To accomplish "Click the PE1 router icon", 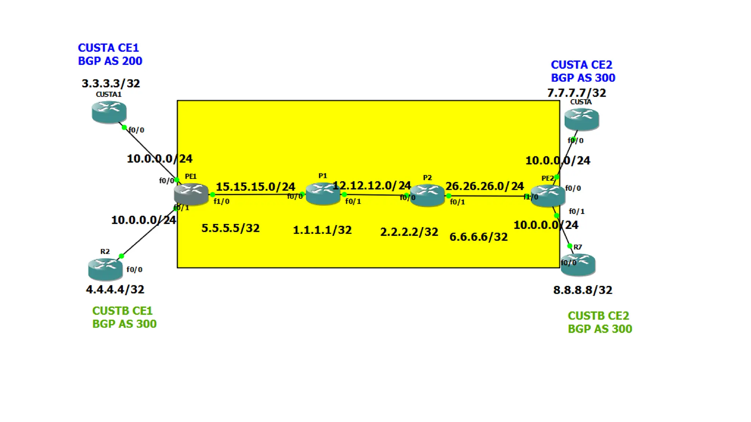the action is click(x=191, y=193).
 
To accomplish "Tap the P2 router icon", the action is click(x=427, y=195).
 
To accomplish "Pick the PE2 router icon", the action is click(x=548, y=196).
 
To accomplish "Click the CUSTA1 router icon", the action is click(x=109, y=112).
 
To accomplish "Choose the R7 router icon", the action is click(x=578, y=264).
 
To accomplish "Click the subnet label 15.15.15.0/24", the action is click(x=255, y=187).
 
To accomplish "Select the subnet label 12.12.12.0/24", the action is click(x=371, y=186).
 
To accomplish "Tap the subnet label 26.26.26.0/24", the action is click(x=484, y=186).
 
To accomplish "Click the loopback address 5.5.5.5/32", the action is click(x=230, y=228).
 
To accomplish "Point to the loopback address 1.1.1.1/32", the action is click(x=322, y=230).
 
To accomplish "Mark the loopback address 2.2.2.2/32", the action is click(x=409, y=232).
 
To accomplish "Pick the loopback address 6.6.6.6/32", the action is click(x=479, y=237).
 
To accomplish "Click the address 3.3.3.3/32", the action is click(x=111, y=84).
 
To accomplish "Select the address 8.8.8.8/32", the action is click(x=583, y=290).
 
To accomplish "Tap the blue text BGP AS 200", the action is click(x=110, y=61).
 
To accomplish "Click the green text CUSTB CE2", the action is click(x=598, y=316).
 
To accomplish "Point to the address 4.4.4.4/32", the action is click(x=115, y=289).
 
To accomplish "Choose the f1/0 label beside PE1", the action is click(x=221, y=201).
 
